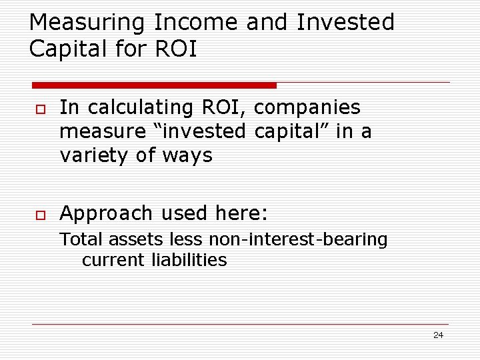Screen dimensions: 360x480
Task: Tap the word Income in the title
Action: coord(197,23)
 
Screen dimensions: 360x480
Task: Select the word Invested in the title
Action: coord(345,23)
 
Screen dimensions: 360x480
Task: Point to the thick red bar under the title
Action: coord(154,85)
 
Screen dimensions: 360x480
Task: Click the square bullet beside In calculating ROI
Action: coord(38,109)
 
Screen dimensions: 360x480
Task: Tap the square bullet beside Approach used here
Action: coord(38,214)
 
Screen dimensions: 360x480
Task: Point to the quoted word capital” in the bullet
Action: coord(295,131)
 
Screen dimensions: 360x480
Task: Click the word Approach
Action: coord(106,213)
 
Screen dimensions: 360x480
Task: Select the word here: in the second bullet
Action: coord(241,213)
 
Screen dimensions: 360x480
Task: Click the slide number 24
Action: coord(438,335)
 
